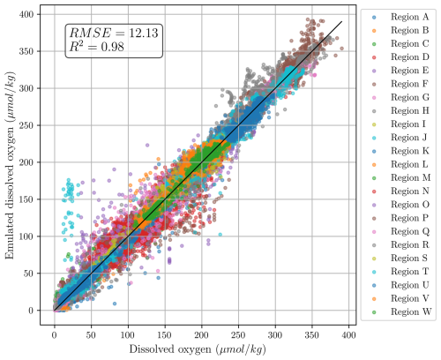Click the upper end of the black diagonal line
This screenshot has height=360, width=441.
coord(341,22)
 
